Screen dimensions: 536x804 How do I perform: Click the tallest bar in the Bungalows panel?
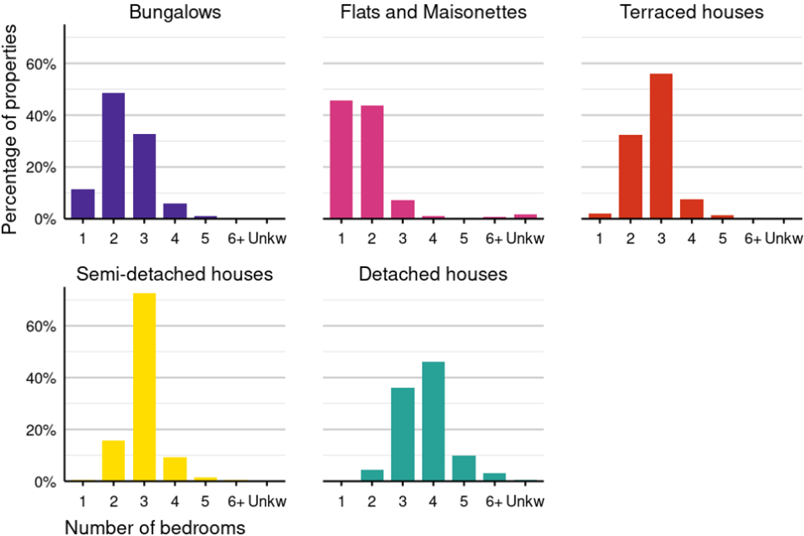coord(113,156)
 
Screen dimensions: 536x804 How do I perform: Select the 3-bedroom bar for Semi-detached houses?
coord(144,387)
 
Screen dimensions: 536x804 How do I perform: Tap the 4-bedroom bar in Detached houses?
coord(433,421)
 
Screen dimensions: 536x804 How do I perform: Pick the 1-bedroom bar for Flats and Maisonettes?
coord(341,159)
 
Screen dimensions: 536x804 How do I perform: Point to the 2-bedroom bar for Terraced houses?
coord(631,176)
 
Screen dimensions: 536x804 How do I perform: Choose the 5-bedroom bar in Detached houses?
coord(464,468)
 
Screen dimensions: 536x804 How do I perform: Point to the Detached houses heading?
coord(433,274)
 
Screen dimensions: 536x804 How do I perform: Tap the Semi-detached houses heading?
coord(175,274)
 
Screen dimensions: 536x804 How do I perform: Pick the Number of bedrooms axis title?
coord(155,527)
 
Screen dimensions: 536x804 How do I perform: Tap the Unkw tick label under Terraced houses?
coord(784,240)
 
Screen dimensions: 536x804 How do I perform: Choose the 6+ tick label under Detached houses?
coord(494,501)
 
